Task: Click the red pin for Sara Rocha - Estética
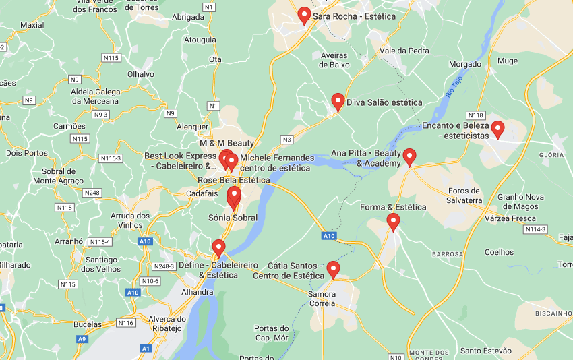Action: (x=304, y=16)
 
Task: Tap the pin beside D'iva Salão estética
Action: (x=338, y=102)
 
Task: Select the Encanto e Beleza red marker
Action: (x=498, y=129)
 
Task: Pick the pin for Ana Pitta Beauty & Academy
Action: (x=409, y=157)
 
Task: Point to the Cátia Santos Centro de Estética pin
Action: (x=333, y=270)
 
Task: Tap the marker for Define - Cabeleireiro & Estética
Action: (x=218, y=248)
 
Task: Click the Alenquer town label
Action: (x=192, y=127)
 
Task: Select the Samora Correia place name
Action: (x=321, y=299)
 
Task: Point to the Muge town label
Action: (x=508, y=61)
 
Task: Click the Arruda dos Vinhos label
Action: (x=129, y=220)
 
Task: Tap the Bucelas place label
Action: (x=87, y=324)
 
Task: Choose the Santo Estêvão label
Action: (x=485, y=351)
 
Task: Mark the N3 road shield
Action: (x=286, y=140)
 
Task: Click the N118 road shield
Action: (x=476, y=115)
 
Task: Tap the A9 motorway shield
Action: (x=82, y=339)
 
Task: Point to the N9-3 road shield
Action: (x=100, y=115)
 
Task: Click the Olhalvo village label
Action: (x=140, y=74)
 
